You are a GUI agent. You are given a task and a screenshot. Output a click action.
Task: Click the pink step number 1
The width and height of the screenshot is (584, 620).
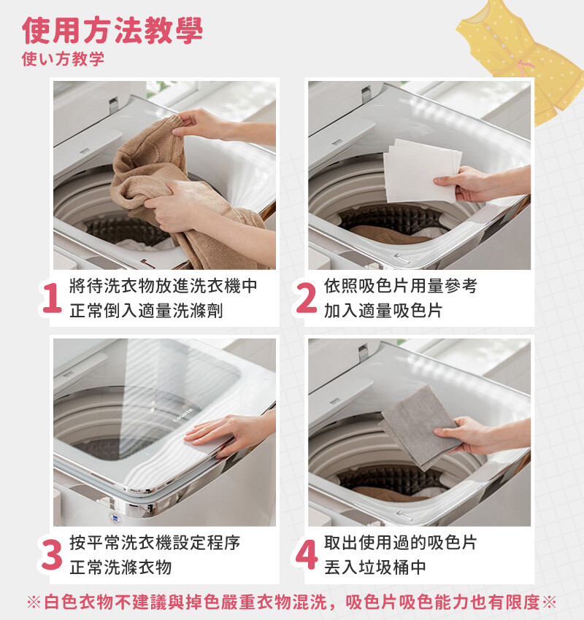[52, 298]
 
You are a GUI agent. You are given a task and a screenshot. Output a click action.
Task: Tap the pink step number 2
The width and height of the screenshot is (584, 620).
[307, 298]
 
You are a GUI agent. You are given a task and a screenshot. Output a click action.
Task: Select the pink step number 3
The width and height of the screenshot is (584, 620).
[52, 555]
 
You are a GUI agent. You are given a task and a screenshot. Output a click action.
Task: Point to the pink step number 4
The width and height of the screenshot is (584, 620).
[307, 555]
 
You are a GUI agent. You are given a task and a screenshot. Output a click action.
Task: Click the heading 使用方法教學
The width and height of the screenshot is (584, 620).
[112, 30]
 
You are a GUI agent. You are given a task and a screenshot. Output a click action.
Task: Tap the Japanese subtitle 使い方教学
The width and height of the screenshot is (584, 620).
[64, 58]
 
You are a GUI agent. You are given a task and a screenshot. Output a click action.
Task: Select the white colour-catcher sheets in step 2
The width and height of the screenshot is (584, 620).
[420, 171]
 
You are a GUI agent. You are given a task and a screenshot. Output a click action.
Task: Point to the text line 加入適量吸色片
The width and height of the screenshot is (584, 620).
[383, 311]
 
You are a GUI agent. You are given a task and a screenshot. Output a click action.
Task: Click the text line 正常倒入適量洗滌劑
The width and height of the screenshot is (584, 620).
[146, 311]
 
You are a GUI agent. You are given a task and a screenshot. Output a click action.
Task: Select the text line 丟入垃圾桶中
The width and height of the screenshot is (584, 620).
[374, 567]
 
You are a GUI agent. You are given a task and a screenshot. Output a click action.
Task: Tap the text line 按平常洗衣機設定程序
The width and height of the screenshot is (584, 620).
[155, 543]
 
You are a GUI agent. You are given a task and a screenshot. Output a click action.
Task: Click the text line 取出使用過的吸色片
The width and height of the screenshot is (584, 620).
[401, 543]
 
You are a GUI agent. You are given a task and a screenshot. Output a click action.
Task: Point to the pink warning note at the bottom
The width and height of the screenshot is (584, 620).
[291, 602]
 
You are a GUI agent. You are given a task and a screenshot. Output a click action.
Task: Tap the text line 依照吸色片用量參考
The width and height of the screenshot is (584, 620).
[401, 286]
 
